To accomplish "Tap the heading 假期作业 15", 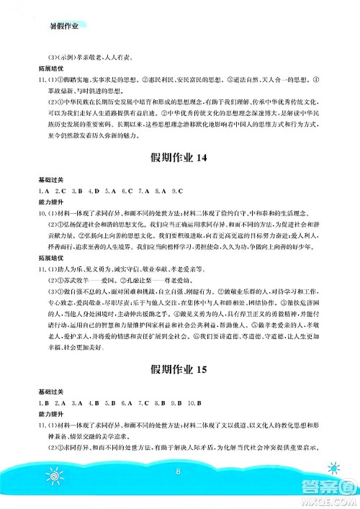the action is [x=180, y=370].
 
